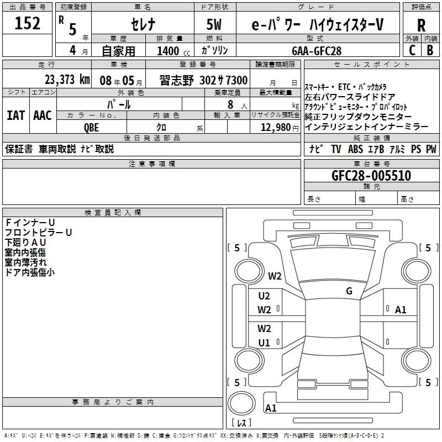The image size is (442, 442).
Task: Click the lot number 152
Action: [x=27, y=24]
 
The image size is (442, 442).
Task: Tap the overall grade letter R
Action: [x=422, y=25]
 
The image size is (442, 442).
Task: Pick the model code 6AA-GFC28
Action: [x=317, y=50]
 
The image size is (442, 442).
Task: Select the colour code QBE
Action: [x=92, y=127]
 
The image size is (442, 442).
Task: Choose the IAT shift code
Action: [x=15, y=115]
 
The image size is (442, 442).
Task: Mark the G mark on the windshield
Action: [x=349, y=291]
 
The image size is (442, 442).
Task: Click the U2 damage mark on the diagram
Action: [x=264, y=296]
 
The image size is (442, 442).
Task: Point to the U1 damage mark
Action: [x=264, y=343]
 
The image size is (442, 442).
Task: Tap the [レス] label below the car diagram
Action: [x=241, y=423]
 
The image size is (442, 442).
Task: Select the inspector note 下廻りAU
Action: [x=25, y=243]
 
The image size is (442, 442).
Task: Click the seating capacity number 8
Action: [x=230, y=104]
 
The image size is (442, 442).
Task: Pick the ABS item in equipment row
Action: [x=355, y=149]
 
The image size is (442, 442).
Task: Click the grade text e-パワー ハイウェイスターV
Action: [x=317, y=25]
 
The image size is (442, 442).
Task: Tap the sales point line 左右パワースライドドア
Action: [x=350, y=97]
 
